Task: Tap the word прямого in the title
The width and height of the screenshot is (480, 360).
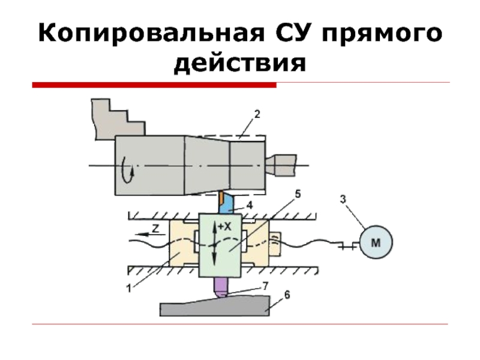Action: (384, 34)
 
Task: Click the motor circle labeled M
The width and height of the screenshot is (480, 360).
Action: (376, 242)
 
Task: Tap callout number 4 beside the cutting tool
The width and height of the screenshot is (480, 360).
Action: (250, 205)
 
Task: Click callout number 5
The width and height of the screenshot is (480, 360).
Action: (298, 194)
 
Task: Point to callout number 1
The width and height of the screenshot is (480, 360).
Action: (128, 288)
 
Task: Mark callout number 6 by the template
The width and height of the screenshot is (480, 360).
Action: (287, 295)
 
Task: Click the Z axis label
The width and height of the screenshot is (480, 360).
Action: (154, 228)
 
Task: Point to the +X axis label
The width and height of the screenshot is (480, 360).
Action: (224, 227)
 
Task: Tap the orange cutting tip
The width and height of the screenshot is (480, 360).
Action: (221, 196)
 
